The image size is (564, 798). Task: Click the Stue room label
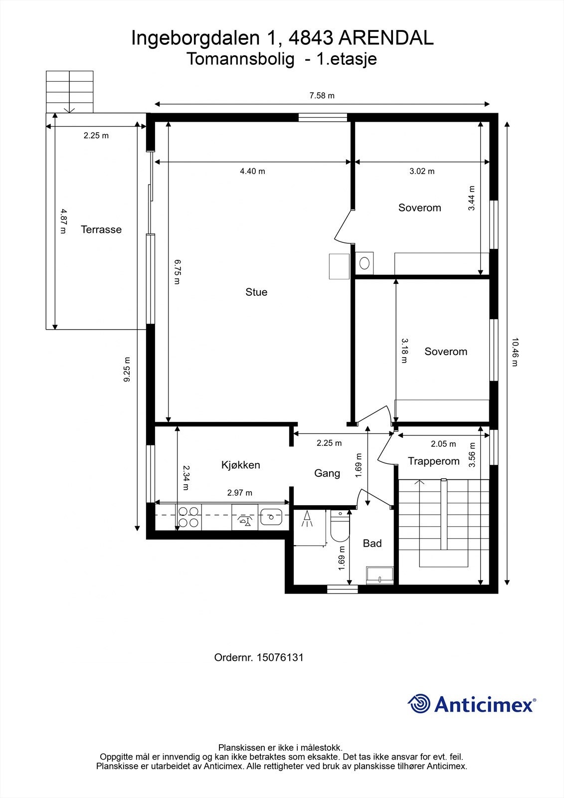pos(256,292)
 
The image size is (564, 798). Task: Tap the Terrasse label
pos(101,229)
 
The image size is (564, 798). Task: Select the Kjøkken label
pos(240,465)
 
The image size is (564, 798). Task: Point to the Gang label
pos(327,473)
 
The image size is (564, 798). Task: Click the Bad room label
pos(373,543)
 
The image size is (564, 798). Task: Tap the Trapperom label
pos(434,461)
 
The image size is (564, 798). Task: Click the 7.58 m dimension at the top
pos(322,95)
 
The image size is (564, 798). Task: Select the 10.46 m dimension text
pos(515,352)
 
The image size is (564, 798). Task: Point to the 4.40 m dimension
pos(253,171)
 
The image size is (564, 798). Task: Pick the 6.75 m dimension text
pos(177,271)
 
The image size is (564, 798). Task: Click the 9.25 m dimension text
pos(127,370)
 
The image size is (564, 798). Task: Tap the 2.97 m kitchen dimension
pos(240,493)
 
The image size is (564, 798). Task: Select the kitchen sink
pos(271,517)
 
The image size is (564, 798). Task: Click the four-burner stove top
pos(188,517)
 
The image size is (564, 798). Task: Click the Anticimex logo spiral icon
pos(419,704)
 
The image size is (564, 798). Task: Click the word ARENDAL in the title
pos(385,38)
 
